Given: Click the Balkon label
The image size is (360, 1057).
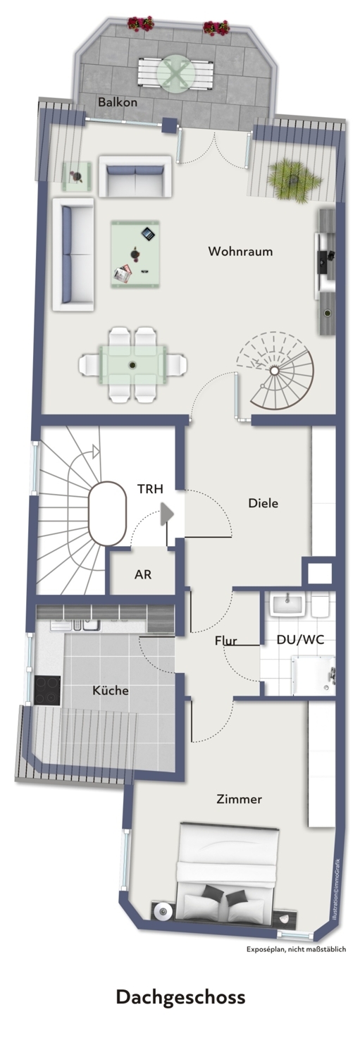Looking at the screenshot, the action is [118, 102].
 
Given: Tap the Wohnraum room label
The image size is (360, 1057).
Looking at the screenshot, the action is [241, 251].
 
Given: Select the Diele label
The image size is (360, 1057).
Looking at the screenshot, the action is [263, 503].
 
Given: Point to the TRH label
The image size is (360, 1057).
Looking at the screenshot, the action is [151, 489].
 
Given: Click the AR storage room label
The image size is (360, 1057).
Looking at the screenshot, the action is [143, 574].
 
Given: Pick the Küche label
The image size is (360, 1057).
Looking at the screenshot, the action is [111, 691].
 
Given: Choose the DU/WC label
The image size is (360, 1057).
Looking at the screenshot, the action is [301, 639].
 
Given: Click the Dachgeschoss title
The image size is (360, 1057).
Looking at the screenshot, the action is [181, 997].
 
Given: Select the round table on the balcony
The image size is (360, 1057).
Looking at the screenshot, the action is [175, 74].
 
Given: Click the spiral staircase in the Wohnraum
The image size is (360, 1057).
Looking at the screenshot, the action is [275, 371].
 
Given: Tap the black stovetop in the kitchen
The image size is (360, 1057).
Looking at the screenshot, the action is [47, 691].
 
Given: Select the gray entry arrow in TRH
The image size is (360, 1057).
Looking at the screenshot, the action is [166, 514].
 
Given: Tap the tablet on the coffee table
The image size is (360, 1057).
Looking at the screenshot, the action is [148, 233].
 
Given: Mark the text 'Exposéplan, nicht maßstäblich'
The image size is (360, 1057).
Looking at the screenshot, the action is [296, 949].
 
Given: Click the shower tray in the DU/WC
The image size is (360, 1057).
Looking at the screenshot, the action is [313, 675].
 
